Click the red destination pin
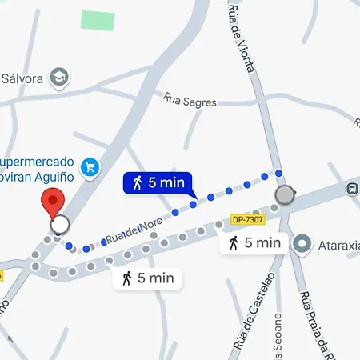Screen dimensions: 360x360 pyautogui.click(x=54, y=201)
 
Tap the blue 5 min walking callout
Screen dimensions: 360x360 pyautogui.click(x=158, y=183)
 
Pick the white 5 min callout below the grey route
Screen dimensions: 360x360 pyautogui.click(x=147, y=278)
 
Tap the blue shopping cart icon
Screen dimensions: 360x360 pyautogui.click(x=92, y=167)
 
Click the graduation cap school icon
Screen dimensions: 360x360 pyautogui.click(x=59, y=77)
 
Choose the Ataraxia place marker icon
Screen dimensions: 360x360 pyautogui.click(x=302, y=242)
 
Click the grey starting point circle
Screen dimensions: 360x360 pyautogui.click(x=285, y=195)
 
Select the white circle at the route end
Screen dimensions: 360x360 pyautogui.click(x=59, y=224)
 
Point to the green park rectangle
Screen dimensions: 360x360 pyautogui.click(x=97, y=20)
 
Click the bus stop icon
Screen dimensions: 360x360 pyautogui.click(x=352, y=189)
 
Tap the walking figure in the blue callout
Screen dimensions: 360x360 pyautogui.click(x=138, y=183)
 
